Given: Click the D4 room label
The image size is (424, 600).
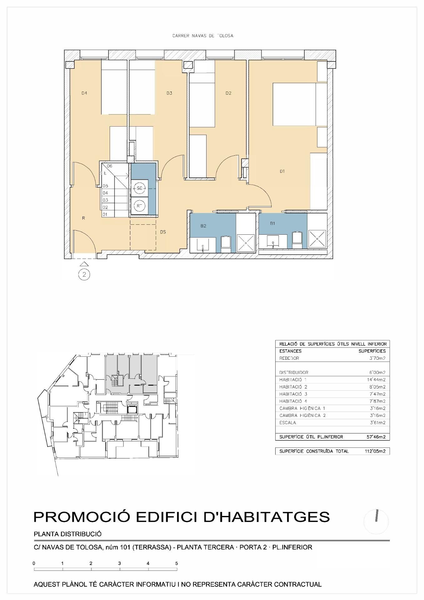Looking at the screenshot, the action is (x=84, y=93).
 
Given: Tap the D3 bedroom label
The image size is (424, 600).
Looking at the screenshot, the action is (x=169, y=93).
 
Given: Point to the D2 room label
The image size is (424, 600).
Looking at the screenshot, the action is (x=228, y=93).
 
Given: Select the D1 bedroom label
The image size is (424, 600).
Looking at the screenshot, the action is (x=282, y=171).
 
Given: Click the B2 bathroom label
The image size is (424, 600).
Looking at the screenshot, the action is (x=203, y=226).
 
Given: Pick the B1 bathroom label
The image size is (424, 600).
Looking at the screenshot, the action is (x=272, y=223).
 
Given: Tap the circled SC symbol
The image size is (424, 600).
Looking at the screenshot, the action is (x=140, y=188).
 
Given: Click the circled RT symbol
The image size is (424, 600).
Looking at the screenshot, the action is (x=140, y=206).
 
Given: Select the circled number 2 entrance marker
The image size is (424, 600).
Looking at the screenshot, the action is (x=84, y=275).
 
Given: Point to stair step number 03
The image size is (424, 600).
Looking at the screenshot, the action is (x=105, y=200).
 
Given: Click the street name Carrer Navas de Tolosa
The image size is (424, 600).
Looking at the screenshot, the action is (x=203, y=36).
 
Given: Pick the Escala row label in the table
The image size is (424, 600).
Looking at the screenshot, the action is (x=287, y=422).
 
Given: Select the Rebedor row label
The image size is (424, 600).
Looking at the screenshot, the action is (x=289, y=358).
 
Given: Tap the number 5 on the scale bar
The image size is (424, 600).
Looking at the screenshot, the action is (x=177, y=563).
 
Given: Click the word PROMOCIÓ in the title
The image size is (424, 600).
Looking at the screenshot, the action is (x=82, y=517).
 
